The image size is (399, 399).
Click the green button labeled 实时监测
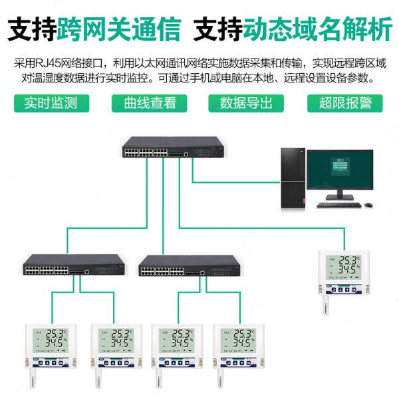[x=51, y=103]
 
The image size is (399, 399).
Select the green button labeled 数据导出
[x=246, y=103]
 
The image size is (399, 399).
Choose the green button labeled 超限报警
[x=345, y=103]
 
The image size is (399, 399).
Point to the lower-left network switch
[x=73, y=265]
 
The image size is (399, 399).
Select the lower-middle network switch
[x=190, y=265]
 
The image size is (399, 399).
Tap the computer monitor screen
[x=340, y=169]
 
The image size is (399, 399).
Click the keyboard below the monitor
[x=338, y=204]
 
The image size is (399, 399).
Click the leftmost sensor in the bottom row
[x=50, y=344]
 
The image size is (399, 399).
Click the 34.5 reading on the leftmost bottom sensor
[x=55, y=342]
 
